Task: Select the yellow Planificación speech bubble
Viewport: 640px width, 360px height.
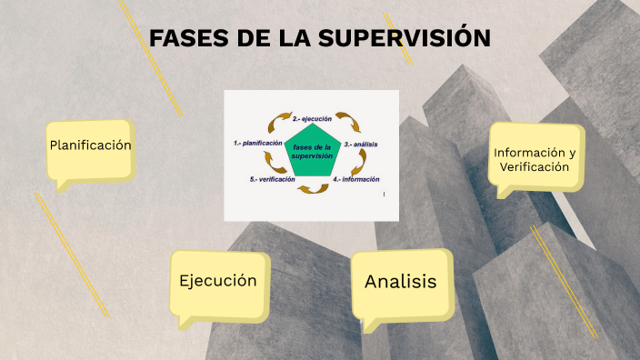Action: (x=91, y=146)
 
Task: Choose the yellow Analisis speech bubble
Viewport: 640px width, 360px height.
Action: (x=401, y=283)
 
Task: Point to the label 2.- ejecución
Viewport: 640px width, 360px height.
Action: (x=312, y=118)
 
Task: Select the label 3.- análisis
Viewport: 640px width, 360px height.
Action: (x=361, y=145)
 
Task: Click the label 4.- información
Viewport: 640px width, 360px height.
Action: (x=355, y=180)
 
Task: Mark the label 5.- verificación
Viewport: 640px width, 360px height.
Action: (x=272, y=180)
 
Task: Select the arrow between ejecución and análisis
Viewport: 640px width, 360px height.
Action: (x=345, y=120)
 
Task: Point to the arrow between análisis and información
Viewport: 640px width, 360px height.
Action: (x=361, y=162)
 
